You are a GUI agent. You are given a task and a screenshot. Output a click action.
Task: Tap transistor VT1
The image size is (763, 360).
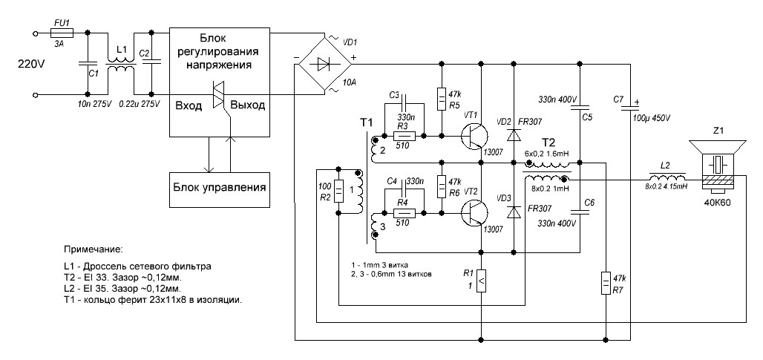click(471, 137)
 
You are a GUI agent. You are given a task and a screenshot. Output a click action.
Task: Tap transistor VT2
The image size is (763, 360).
click(471, 213)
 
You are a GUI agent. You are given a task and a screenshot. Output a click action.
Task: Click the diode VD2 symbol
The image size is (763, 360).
click(513, 134)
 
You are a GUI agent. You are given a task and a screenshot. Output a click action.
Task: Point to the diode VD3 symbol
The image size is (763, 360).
click(513, 211)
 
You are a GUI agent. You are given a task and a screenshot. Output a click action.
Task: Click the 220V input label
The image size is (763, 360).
click(31, 65)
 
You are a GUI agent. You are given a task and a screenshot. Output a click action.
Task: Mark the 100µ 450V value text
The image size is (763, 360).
click(651, 118)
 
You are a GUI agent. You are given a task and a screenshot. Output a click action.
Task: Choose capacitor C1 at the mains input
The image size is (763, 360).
click(88, 65)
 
